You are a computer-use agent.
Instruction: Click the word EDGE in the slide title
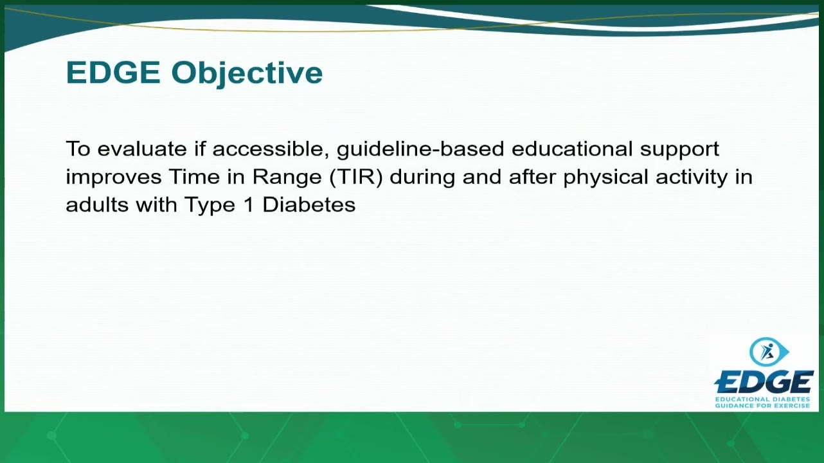(x=113, y=73)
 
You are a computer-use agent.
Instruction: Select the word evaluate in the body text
(x=142, y=149)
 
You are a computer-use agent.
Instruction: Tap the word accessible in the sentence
(x=271, y=149)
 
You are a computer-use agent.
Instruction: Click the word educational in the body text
(x=572, y=149)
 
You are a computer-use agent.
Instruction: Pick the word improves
(x=114, y=177)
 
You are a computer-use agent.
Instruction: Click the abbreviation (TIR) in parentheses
(x=356, y=177)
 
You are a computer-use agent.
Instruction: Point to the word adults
(x=97, y=204)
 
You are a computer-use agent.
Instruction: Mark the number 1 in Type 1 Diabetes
(x=249, y=204)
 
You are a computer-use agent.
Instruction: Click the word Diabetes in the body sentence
(x=309, y=204)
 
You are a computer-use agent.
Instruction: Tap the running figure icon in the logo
(x=767, y=352)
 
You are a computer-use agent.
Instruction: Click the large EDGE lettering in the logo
(x=764, y=382)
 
